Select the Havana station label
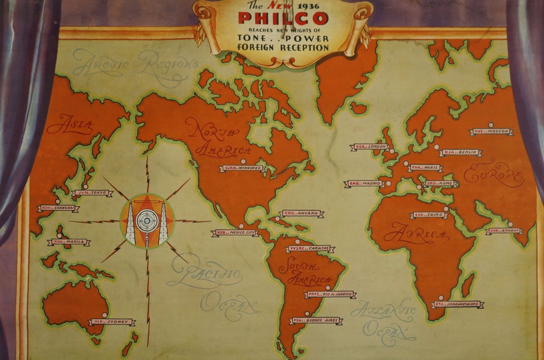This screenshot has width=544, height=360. (301, 213)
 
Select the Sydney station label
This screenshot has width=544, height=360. (112, 322)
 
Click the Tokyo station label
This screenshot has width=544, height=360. (91, 193)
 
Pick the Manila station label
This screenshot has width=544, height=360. (70, 242)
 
